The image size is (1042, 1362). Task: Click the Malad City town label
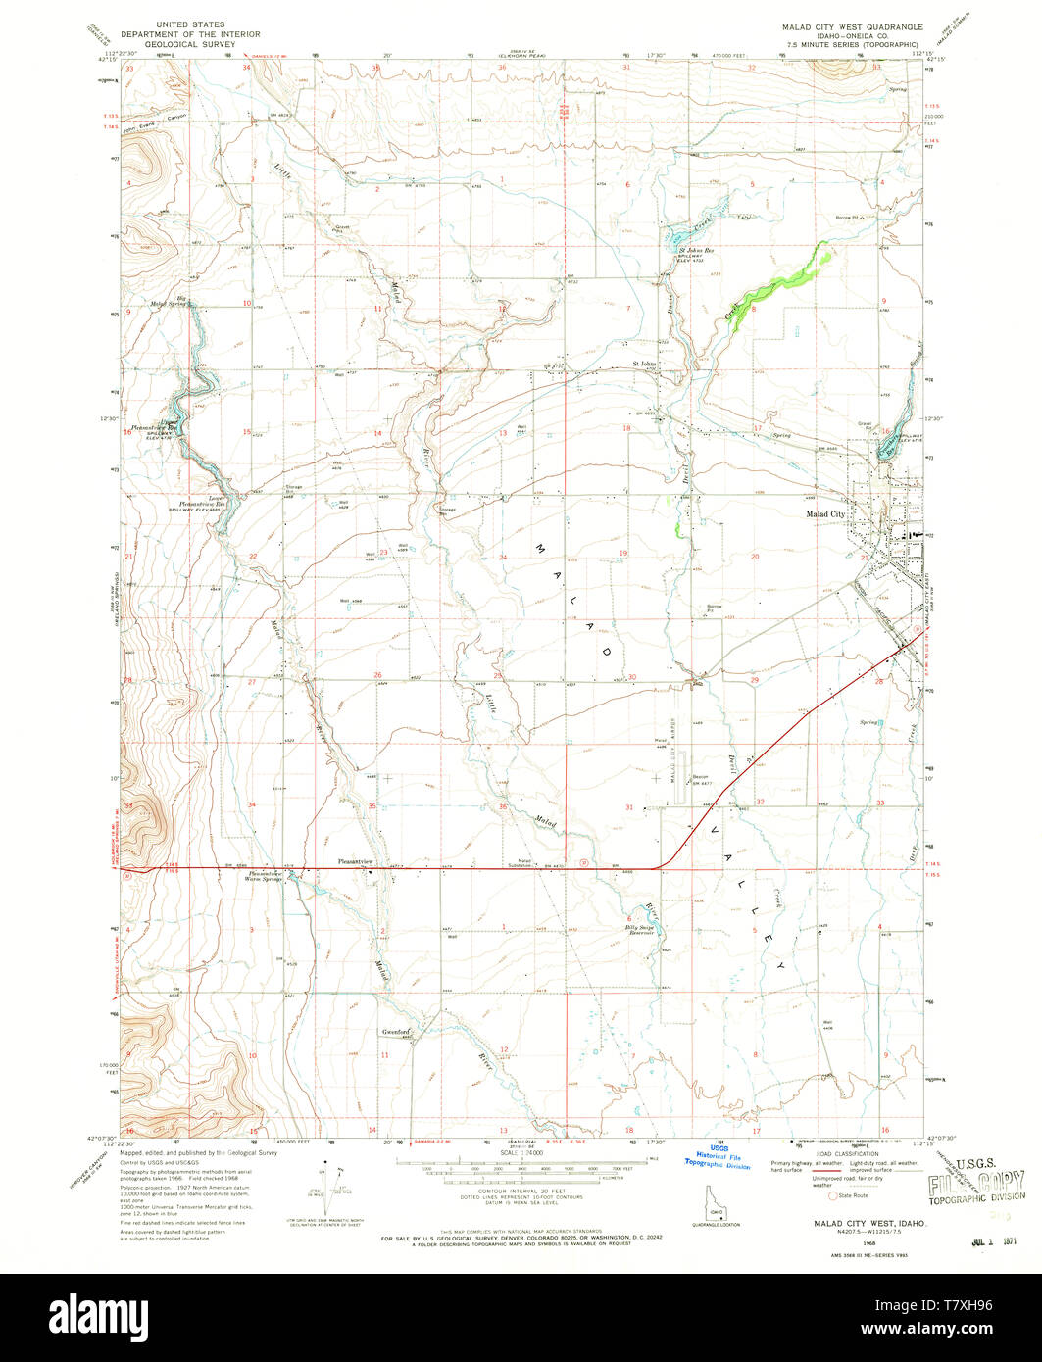click(x=824, y=513)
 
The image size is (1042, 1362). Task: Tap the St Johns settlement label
click(x=643, y=365)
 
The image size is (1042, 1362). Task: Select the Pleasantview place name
click(x=356, y=861)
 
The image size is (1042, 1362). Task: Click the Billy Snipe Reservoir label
click(x=640, y=930)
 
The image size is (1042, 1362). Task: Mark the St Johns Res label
click(x=695, y=251)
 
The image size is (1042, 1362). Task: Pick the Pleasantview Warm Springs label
click(x=266, y=876)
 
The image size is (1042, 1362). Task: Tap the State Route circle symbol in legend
click(x=834, y=1195)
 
